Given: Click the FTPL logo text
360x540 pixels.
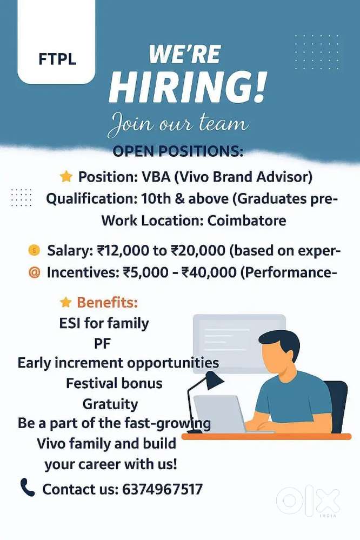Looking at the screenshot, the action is (57, 59).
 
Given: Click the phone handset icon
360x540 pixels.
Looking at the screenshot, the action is (28, 488).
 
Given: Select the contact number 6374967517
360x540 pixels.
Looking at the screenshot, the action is (162, 489).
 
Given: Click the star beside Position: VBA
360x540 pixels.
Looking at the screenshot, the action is (66, 177).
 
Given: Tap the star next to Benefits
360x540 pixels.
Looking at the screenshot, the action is (65, 302).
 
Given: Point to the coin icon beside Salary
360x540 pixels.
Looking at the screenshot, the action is (34, 250).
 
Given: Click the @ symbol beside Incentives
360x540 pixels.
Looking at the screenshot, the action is (34, 272).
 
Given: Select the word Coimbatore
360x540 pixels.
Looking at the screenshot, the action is (246, 221).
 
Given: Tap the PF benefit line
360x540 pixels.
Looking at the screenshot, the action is (102, 343).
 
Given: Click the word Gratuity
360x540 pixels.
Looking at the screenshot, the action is (110, 404).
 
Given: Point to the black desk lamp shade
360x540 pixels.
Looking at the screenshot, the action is (214, 379).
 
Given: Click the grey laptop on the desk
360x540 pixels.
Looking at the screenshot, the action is (219, 414).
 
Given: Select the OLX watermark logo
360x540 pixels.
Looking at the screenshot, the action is (308, 502).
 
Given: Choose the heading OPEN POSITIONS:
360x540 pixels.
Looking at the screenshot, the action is (178, 151).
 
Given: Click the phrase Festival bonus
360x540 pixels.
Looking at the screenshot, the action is (114, 383).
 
